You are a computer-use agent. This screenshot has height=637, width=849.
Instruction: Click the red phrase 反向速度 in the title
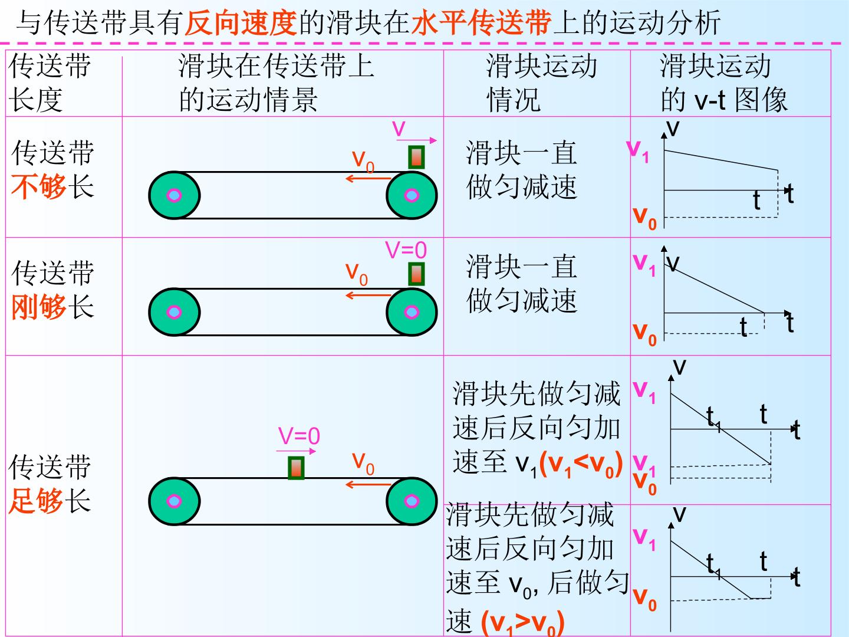click(x=241, y=23)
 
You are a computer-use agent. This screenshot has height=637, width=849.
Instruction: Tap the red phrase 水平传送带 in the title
click(x=482, y=23)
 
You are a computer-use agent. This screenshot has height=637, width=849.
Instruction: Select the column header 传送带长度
click(x=49, y=83)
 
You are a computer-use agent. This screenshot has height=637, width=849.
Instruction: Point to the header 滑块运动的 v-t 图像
click(x=723, y=83)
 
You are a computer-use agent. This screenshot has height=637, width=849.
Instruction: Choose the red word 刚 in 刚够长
click(x=25, y=307)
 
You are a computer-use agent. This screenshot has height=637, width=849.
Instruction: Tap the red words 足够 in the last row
click(x=35, y=501)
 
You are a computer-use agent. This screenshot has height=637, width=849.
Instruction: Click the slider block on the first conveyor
click(x=416, y=157)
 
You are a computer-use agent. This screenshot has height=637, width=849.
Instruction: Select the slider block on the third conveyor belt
click(x=296, y=468)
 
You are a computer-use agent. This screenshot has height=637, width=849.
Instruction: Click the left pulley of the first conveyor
click(x=175, y=195)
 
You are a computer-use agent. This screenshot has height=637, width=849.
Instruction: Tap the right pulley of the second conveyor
click(x=412, y=312)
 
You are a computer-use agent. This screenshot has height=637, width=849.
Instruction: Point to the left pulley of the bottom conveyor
click(x=175, y=501)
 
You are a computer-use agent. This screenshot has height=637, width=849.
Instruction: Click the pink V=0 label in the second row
click(x=406, y=250)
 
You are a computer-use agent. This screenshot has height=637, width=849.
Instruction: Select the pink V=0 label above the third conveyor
click(x=300, y=436)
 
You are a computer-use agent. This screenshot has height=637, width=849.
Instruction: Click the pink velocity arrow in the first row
click(x=417, y=140)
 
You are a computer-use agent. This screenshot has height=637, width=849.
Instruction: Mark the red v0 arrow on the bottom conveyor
click(x=368, y=484)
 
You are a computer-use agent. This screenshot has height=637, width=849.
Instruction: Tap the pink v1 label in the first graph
click(x=637, y=152)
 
